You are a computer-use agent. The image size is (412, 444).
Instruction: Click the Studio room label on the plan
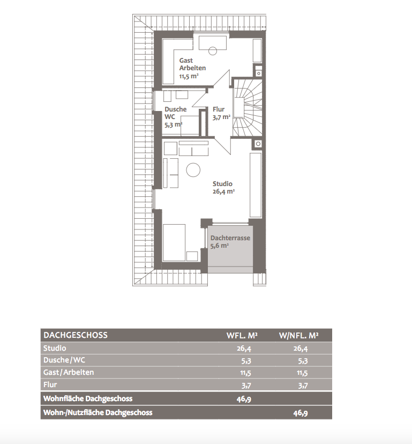pos(222,184)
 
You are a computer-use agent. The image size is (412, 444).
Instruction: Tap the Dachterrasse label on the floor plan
pos(230,238)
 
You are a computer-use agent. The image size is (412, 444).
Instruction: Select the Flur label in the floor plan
pos(219,109)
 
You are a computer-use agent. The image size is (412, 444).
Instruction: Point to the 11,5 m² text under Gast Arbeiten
pos(189,76)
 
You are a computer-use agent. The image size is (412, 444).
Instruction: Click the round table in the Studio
pos(193,170)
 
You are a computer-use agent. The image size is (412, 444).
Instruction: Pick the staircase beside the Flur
pos(248,108)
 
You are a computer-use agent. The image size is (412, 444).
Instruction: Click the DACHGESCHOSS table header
pos(76,335)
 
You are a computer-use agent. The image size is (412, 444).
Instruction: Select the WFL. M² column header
pos(242,336)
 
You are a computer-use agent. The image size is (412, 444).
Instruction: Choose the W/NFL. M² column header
pos(299,336)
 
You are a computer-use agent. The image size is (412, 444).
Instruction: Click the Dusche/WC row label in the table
pos(64,360)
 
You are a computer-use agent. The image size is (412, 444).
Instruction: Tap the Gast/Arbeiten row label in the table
pos(69,372)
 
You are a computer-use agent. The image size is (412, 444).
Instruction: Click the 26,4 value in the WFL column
pos(244,349)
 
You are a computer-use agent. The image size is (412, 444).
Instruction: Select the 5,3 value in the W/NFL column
pos(303,361)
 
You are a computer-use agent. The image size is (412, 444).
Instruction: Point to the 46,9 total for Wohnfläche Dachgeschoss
pos(244,399)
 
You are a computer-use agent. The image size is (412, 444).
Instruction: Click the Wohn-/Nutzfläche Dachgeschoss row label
pos(98,412)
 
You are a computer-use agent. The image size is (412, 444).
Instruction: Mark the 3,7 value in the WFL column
pos(246,385)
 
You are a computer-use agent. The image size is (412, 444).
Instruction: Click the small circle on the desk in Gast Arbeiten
pos(213,51)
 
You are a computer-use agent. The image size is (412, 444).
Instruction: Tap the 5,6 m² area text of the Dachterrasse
pos(220,246)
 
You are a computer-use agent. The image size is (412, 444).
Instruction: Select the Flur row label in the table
pos(50,384)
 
